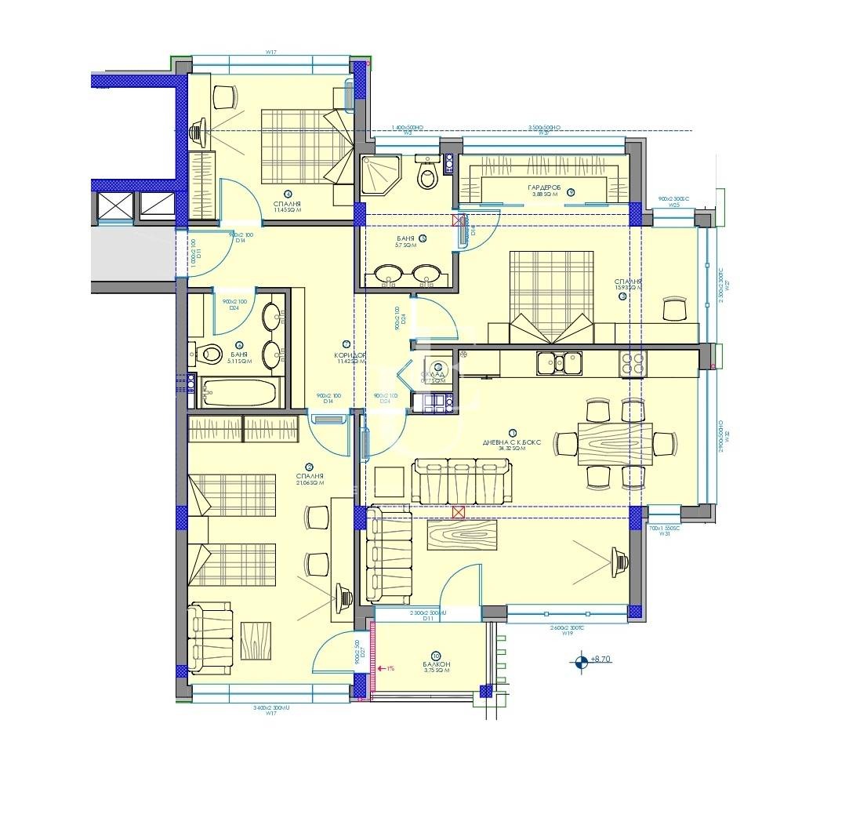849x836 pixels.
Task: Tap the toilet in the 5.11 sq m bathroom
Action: pyautogui.click(x=207, y=354)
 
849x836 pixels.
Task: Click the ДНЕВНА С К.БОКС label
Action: pyautogui.click(x=512, y=442)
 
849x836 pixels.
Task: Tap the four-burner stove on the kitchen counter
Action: pyautogui.click(x=633, y=362)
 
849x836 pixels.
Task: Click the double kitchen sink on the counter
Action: pyautogui.click(x=559, y=362)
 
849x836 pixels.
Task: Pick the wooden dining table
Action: pyautogui.click(x=615, y=444)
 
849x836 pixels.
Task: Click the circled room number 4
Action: pyautogui.click(x=288, y=194)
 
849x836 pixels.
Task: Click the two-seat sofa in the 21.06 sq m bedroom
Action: pyautogui.click(x=210, y=638)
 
